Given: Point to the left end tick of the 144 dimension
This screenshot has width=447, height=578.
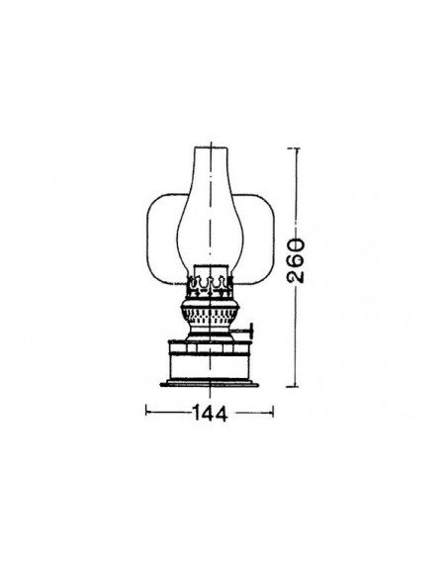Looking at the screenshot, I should coord(146,408).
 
